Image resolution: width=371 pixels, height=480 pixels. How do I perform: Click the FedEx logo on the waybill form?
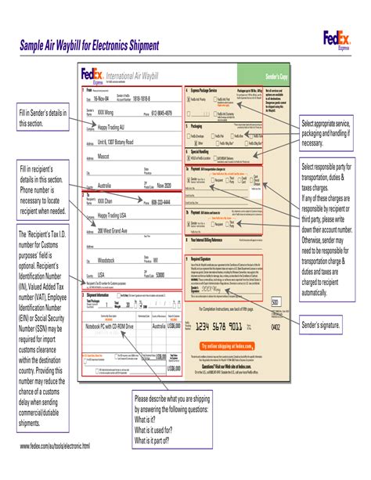click(92, 75)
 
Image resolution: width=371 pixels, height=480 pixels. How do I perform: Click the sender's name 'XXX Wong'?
click(110, 112)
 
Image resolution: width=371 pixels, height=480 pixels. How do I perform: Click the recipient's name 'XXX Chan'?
click(110, 200)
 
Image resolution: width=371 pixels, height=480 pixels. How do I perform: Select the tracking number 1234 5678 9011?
click(225, 325)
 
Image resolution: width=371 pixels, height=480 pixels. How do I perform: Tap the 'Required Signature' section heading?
click(205, 259)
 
